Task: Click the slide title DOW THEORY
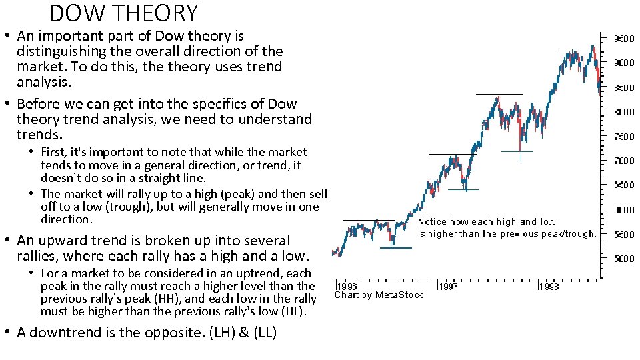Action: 124,13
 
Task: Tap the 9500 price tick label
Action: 623,39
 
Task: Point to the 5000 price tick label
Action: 623,259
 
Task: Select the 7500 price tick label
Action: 623,137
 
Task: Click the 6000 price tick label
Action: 623,210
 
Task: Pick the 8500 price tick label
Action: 623,87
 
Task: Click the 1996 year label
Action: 346,286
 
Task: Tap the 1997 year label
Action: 449,286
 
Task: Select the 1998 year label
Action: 549,286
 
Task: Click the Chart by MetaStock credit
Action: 378,295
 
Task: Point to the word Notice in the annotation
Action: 432,222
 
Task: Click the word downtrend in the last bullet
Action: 64,332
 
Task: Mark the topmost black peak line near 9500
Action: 575,49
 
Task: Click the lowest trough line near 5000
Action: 396,248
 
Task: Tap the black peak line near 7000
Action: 452,155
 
